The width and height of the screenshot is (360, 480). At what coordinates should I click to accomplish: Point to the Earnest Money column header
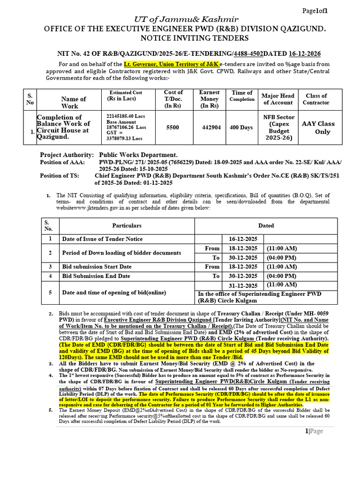click(210, 99)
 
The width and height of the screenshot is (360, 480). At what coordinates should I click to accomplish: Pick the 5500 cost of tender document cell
click(172, 127)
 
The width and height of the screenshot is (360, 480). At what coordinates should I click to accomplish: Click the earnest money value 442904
click(210, 127)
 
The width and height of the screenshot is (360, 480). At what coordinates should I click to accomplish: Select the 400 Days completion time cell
click(241, 127)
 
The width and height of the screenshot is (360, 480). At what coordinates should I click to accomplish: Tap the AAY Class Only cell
click(318, 127)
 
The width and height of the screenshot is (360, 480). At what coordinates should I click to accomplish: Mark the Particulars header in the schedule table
click(127, 225)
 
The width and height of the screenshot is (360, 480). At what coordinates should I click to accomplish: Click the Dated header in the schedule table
click(266, 225)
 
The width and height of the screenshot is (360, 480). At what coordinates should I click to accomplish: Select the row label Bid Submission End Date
click(96, 276)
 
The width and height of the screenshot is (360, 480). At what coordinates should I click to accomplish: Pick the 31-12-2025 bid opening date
click(243, 286)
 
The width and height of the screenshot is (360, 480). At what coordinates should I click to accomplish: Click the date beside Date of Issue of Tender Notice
click(243, 239)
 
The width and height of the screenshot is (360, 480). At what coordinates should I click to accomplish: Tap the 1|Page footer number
click(314, 431)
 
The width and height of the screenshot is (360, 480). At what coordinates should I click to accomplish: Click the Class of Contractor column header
click(316, 99)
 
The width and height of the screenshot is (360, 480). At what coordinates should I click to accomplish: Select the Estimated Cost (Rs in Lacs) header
click(126, 96)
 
